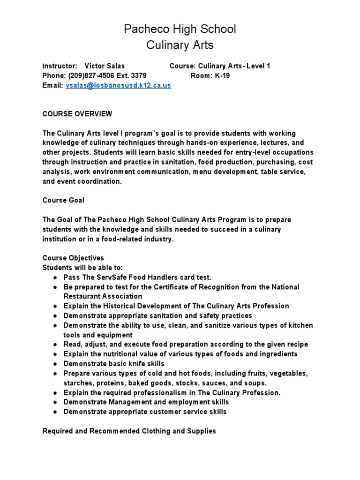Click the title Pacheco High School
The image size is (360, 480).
(180, 29)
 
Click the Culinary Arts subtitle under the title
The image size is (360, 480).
(180, 45)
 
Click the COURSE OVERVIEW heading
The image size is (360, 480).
(77, 114)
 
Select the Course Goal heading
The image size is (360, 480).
(64, 200)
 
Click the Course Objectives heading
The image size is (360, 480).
(73, 258)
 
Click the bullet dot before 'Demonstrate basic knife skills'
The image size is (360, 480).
(55, 364)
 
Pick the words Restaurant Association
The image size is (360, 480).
(103, 296)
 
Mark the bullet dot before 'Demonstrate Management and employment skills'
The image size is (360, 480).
(55, 402)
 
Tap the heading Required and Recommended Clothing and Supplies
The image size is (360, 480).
(129, 431)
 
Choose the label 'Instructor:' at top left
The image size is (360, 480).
(60, 66)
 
